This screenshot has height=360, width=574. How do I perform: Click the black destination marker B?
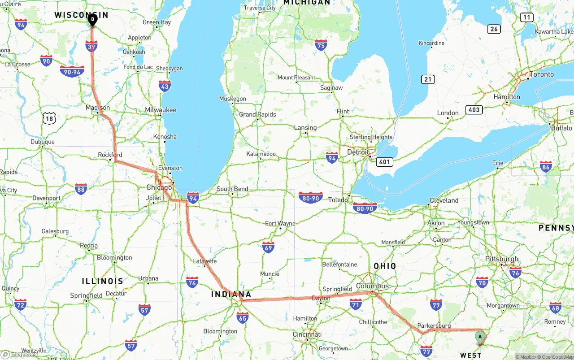92,20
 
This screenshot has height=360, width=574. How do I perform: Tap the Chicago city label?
159,187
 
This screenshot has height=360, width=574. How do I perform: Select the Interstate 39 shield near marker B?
91,46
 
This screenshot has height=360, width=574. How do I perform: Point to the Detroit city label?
358,152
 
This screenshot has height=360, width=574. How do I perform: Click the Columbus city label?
372,286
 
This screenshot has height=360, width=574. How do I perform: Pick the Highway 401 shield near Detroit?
385,161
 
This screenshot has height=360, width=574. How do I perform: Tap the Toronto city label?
541,74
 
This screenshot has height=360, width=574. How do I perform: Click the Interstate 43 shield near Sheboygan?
165,86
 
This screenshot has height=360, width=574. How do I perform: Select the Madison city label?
98,108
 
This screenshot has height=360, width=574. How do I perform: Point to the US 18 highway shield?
49,118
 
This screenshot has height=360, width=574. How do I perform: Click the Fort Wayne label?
280,223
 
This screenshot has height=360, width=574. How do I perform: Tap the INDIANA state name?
231,295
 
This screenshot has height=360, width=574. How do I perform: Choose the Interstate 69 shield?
268,247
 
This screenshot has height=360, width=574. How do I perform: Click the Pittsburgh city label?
501,259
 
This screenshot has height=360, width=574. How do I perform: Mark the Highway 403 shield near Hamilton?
474,109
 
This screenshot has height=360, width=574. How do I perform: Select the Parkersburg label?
434,326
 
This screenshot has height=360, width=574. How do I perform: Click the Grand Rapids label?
257,114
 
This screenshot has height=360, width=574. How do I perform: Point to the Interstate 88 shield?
81,189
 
